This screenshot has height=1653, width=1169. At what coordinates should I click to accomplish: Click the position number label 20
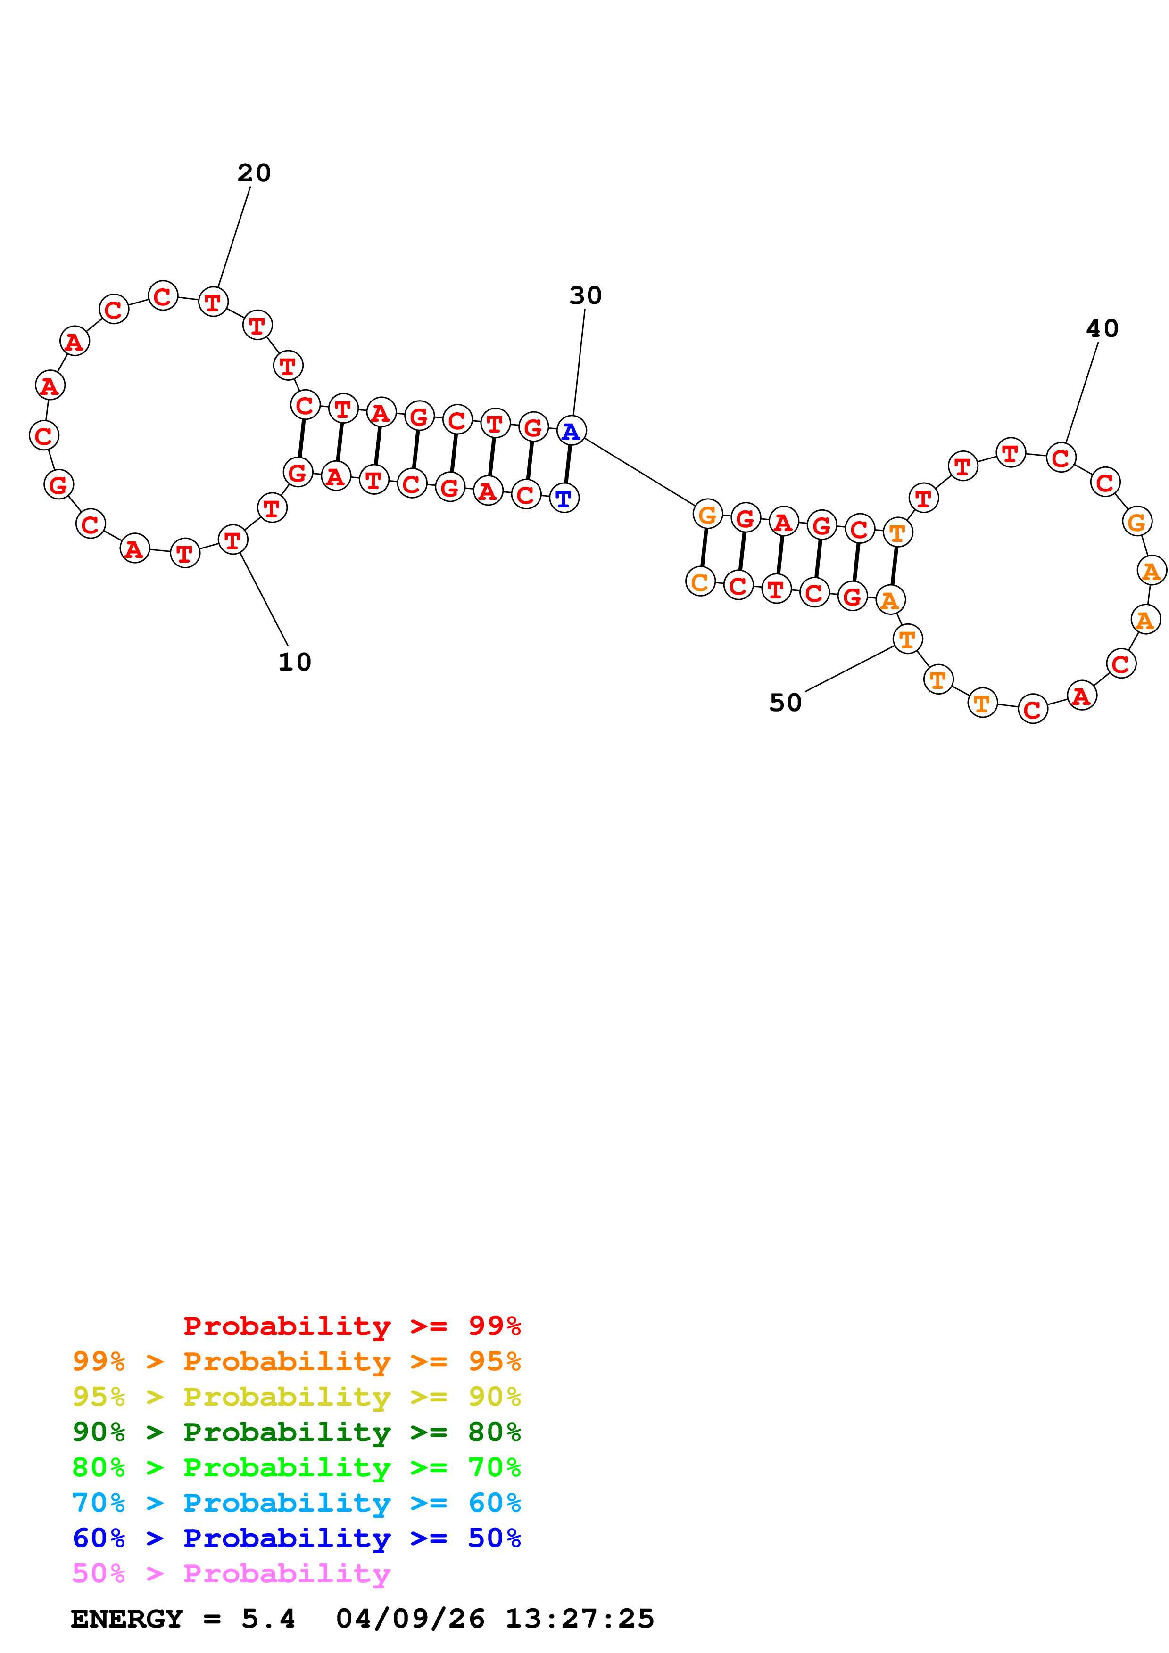point(254,173)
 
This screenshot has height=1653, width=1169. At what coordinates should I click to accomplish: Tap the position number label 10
point(295,662)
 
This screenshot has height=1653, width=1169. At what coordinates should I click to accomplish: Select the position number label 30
point(585,295)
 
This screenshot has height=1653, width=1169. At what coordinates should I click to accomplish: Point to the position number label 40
point(1102,328)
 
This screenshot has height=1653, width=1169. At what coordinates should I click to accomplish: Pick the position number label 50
point(785,703)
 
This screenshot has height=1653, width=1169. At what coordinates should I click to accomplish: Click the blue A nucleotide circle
point(571,431)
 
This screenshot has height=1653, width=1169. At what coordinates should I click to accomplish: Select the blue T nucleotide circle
point(564,498)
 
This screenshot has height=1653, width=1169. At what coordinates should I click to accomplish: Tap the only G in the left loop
point(58,484)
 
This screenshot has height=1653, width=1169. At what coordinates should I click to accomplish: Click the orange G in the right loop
point(1136,521)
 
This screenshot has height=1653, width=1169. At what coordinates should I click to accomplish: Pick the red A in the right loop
point(1081,696)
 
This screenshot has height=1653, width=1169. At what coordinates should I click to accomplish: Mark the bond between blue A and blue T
point(568,464)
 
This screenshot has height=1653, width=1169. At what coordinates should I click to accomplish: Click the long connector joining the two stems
point(639,472)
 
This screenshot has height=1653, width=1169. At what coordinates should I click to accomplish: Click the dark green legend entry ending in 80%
point(296,1432)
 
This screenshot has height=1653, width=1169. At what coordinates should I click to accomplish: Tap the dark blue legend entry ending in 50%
point(296,1538)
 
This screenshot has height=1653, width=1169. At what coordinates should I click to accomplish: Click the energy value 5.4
point(268,1619)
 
